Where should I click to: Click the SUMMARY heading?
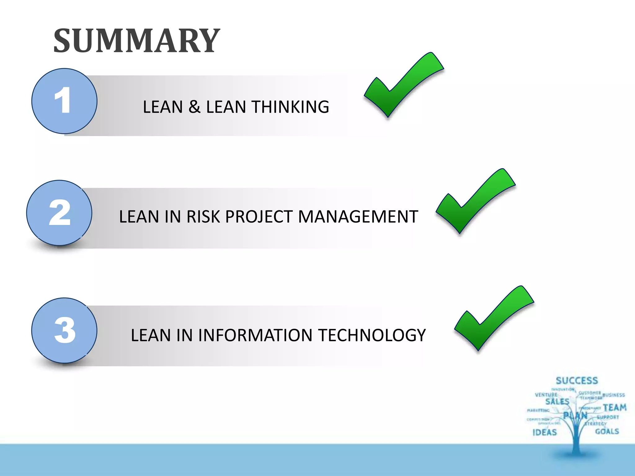(x=136, y=41)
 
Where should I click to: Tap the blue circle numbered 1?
(x=64, y=101)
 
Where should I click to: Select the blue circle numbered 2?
(x=59, y=213)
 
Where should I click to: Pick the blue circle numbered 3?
(x=64, y=330)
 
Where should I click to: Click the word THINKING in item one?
(x=290, y=107)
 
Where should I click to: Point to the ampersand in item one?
(x=194, y=107)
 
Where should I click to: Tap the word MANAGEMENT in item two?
(x=358, y=217)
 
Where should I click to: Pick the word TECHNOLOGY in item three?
(x=372, y=335)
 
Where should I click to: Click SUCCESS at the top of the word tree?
(x=577, y=381)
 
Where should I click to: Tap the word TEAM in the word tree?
(x=615, y=408)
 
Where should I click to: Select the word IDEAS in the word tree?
(x=544, y=432)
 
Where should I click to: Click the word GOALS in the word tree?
(x=607, y=431)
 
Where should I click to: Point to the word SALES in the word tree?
(x=557, y=402)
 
